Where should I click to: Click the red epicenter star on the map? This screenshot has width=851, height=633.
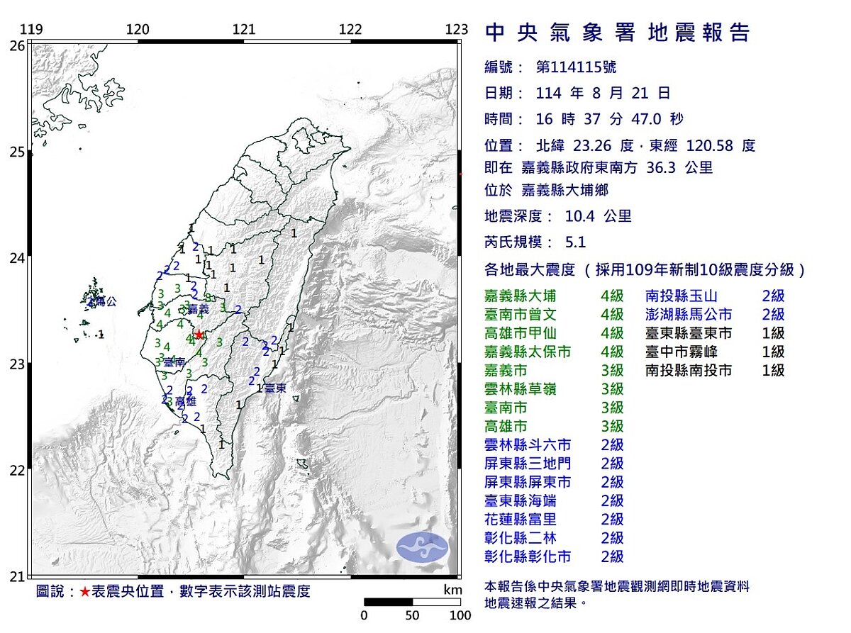click(x=199, y=335)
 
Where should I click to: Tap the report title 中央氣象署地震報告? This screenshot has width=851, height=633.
click(x=617, y=33)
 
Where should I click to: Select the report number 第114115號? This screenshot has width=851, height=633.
click(x=576, y=67)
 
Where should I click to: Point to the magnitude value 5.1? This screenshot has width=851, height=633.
click(x=576, y=242)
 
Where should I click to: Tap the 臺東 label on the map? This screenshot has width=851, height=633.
click(x=275, y=388)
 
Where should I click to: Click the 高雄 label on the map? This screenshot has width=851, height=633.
click(x=185, y=402)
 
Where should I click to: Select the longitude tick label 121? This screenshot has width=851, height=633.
click(x=244, y=29)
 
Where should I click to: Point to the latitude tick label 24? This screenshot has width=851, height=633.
click(x=17, y=258)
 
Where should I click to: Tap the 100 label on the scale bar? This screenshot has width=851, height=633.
click(x=460, y=615)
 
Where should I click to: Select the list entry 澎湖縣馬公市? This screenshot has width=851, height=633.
click(x=689, y=314)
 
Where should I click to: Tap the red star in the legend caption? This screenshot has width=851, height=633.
click(x=85, y=592)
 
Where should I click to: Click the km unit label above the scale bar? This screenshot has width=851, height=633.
click(x=452, y=590)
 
